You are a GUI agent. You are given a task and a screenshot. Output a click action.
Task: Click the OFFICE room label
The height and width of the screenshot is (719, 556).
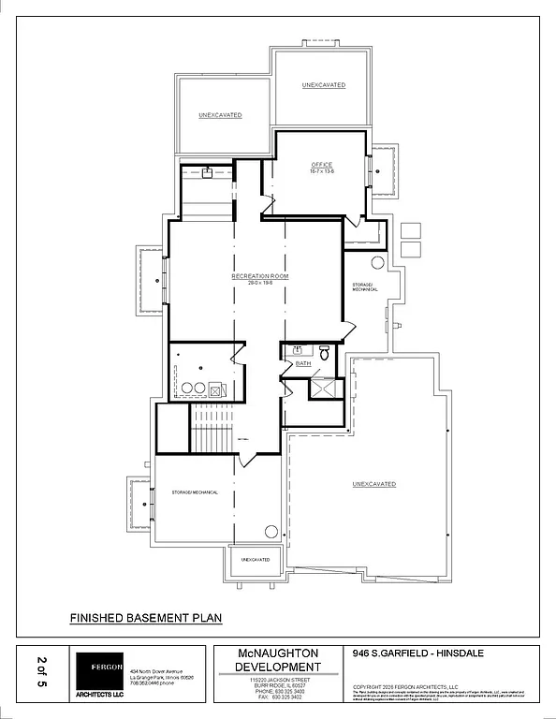click(322, 165)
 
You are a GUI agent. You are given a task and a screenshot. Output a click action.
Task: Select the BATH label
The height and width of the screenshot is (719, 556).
click(302, 362)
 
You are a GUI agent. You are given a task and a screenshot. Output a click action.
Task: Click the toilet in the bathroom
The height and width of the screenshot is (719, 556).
click(324, 353)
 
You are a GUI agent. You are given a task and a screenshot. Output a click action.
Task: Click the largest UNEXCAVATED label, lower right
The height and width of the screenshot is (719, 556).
click(374, 484)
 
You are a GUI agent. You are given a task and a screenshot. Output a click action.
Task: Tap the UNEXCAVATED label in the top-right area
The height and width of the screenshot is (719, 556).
click(324, 85)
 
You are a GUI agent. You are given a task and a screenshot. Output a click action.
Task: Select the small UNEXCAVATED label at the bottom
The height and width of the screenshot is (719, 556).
click(256, 559)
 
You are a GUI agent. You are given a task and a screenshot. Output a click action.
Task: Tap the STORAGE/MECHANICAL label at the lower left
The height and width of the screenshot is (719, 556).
click(195, 492)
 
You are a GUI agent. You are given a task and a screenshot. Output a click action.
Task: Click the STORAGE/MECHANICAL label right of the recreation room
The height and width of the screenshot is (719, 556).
click(365, 287)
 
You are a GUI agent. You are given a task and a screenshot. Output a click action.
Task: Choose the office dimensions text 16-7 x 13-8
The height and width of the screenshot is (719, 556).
click(322, 172)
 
